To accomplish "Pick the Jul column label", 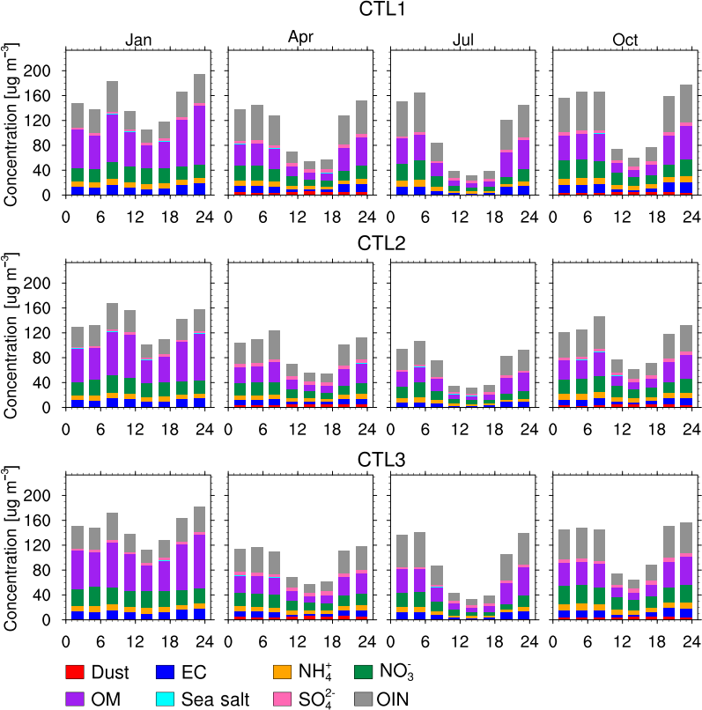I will pos(463,40).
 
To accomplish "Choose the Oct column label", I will pos(625,40).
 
